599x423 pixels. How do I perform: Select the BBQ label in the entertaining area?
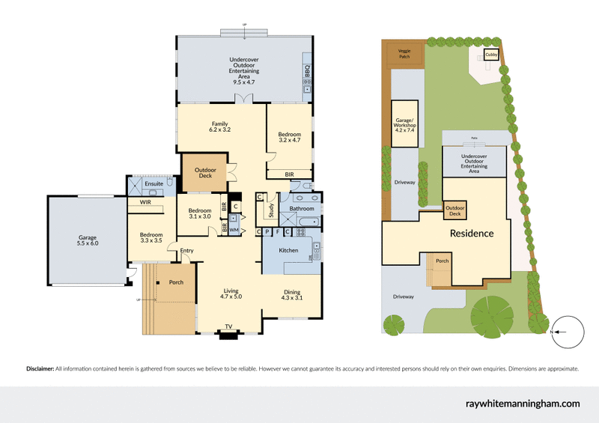tap(307, 72)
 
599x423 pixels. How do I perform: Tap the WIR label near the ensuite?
tap(142, 202)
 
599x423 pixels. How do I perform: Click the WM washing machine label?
tap(234, 230)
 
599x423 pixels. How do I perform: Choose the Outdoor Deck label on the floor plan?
tap(205, 173)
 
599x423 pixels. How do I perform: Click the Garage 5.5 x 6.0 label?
tap(88, 240)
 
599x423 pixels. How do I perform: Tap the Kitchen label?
tap(289, 250)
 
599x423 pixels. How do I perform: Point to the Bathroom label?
tap(302, 209)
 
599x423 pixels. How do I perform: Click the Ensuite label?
tap(154, 183)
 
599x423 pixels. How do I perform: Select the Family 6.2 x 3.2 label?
tap(220, 127)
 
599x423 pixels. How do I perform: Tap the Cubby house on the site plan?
tap(491, 55)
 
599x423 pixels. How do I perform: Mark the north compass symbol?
tap(565, 330)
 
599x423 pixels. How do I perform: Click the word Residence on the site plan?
tap(471, 234)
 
